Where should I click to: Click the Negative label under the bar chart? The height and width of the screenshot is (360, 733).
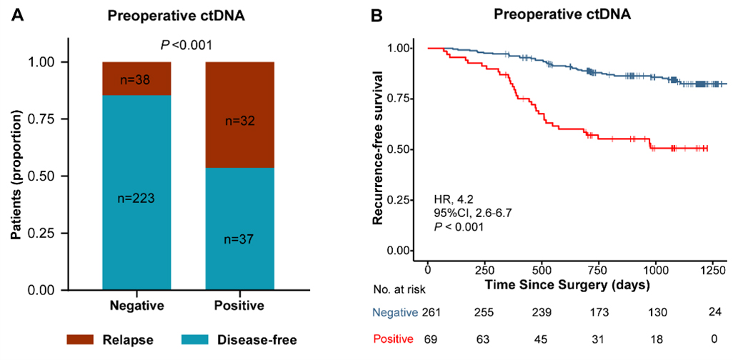tap(136, 306)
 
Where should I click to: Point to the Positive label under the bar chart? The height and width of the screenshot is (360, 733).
tap(239, 306)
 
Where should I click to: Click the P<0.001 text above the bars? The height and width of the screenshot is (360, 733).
tap(187, 46)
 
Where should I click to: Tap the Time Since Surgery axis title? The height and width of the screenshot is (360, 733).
tap(567, 286)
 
